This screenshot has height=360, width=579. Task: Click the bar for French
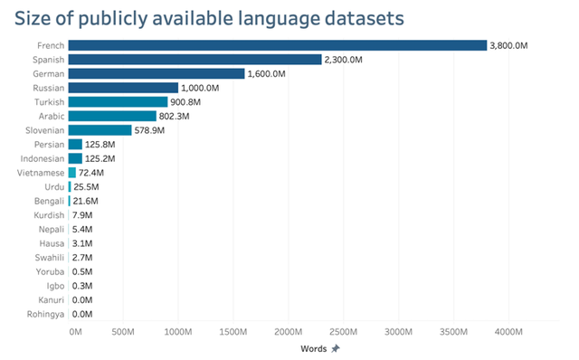pos(277,45)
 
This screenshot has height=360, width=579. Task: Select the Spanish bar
pos(195,60)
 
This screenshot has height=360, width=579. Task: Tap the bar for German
pos(156,73)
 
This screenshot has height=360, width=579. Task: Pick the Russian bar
pos(122,88)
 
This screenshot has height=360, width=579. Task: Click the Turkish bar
pos(118,102)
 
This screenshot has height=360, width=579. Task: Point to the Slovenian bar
pos(100,130)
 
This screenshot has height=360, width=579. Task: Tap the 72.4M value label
pos(93,172)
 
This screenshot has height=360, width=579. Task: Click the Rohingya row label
pos(45,314)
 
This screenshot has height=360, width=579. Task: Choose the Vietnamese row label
pos(42,172)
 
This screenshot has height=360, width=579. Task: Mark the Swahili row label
pos(49,258)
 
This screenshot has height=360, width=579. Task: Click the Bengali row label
pos(49,201)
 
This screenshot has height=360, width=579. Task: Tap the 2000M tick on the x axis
pos(288,332)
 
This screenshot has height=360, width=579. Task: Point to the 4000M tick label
pos(508,332)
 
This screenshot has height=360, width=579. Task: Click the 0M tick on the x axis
pos(75,332)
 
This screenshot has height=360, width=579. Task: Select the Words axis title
pos(313,348)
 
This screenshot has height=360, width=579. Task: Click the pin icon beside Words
pos(336,348)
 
